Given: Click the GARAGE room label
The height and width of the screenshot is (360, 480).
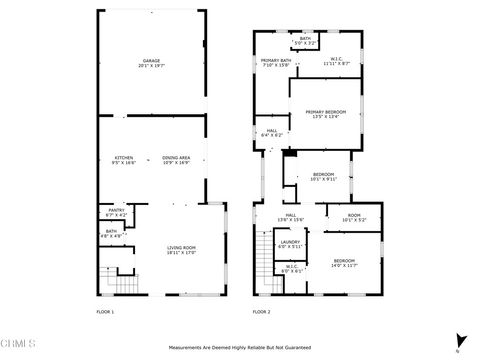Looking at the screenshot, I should coord(152,62).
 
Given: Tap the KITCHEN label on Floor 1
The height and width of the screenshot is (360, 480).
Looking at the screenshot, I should coord(124,160).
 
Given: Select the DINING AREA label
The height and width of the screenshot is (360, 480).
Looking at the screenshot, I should coord(176,160).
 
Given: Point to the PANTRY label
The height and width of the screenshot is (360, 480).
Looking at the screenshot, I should coord(116,212).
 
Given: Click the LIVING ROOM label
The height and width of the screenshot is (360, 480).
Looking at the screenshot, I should coord(181,250).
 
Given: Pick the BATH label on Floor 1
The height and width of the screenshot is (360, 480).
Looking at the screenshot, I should coord(112,234).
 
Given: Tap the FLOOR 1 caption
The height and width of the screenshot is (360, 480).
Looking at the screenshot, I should coord(105,312).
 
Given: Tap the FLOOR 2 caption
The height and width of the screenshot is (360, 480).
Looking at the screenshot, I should coord(261,312).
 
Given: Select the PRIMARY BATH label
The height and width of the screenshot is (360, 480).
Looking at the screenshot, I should coord(276,63).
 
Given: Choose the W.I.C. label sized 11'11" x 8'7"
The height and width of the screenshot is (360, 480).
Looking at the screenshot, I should coord(337,63).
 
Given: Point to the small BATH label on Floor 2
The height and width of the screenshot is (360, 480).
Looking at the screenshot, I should coord(305,42).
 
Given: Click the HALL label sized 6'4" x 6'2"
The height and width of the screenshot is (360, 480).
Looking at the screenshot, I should coord(272,132).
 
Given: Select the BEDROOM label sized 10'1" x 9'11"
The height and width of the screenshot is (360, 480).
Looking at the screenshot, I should coord(323,176).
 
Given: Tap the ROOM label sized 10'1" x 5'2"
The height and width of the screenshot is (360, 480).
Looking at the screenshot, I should coord(354,217).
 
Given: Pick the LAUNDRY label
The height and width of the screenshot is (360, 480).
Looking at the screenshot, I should coord(290,243).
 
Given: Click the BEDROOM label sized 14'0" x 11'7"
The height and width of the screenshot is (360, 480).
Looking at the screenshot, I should coord(343,262).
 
